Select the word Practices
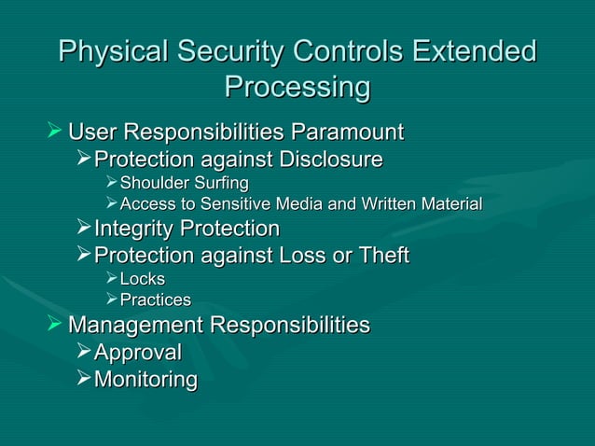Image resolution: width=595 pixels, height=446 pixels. (156, 300)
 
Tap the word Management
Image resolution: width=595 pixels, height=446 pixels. (136, 326)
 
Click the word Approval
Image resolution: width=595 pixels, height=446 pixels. (138, 352)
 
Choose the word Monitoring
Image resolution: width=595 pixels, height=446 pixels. (145, 380)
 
